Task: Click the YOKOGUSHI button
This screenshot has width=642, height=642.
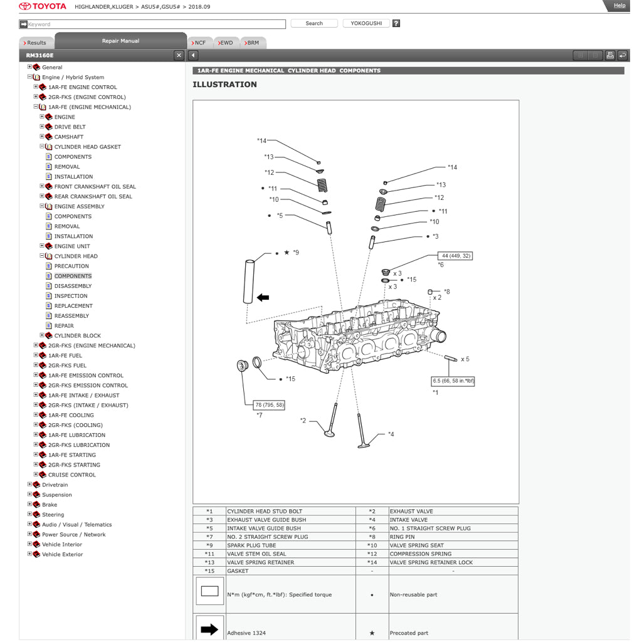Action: [366, 23]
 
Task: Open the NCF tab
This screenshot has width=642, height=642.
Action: [199, 43]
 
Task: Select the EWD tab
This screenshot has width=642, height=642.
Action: [226, 43]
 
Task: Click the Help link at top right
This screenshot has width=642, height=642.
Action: [619, 6]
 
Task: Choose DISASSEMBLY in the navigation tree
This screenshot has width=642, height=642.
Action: [73, 286]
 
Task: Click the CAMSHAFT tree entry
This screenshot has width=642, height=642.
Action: [68, 137]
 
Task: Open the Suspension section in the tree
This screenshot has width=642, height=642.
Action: [56, 495]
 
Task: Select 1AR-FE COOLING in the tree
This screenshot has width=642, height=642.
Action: [71, 415]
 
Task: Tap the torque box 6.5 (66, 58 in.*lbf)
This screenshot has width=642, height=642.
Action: [453, 381]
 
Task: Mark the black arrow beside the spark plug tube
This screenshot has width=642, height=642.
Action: [263, 297]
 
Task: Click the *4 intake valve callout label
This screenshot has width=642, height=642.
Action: [391, 434]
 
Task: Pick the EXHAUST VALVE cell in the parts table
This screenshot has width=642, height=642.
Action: [411, 511]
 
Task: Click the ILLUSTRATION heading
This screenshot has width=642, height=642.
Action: [224, 85]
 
